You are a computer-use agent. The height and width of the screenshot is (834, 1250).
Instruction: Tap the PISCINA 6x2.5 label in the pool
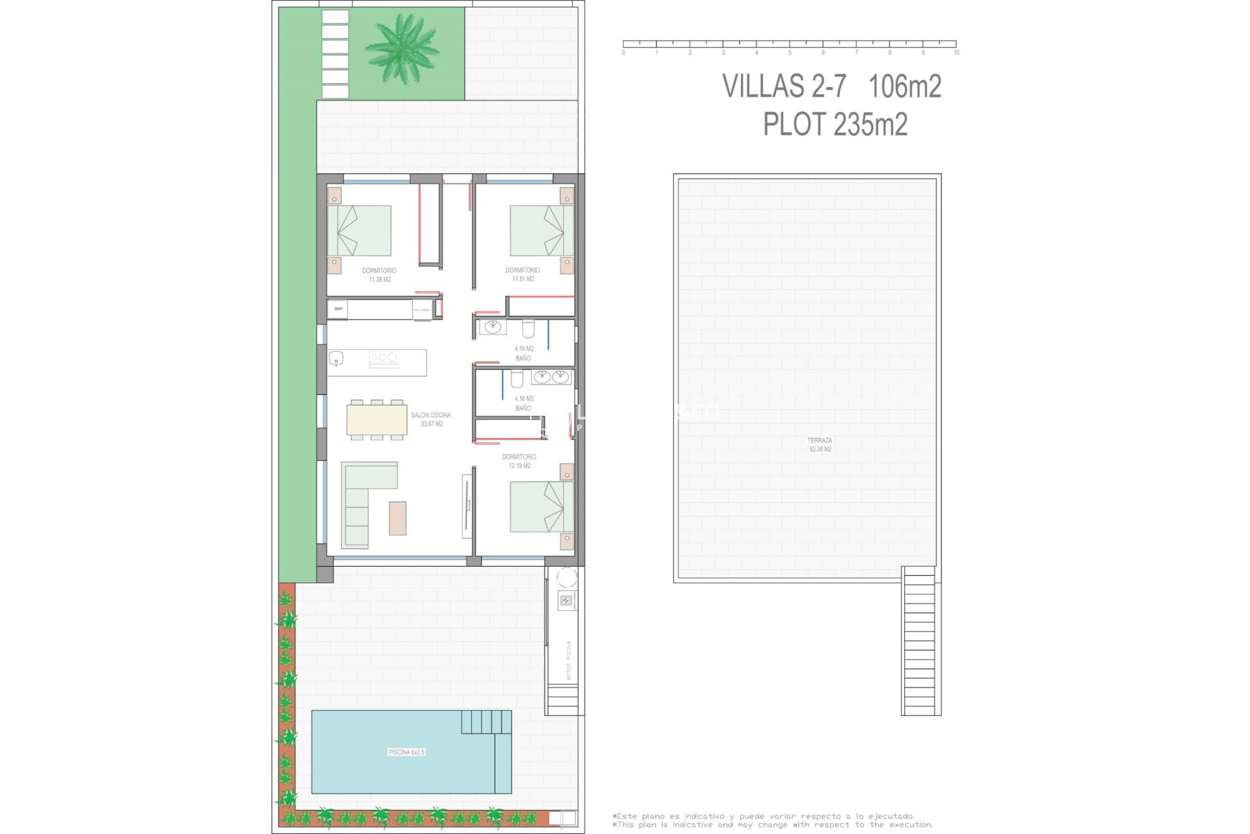(x=406, y=752)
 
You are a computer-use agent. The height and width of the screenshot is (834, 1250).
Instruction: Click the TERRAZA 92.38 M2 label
(x=820, y=444)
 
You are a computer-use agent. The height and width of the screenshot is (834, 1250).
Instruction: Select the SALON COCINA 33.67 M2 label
(x=431, y=419)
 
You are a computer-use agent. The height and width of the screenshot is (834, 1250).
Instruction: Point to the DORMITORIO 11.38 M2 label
(x=379, y=275)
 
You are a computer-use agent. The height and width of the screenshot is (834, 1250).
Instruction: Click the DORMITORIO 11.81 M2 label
(x=523, y=274)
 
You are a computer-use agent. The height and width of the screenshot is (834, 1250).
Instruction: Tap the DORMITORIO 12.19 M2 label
(x=519, y=461)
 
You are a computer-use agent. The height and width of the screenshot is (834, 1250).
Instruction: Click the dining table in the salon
(x=377, y=420)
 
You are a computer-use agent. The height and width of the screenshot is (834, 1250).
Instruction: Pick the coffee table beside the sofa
(x=398, y=518)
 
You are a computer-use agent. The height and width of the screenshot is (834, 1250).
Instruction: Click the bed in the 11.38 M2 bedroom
(x=359, y=231)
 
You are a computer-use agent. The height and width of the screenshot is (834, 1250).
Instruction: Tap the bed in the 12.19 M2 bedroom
(x=541, y=506)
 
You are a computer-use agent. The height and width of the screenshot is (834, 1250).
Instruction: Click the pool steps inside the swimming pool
(x=486, y=721)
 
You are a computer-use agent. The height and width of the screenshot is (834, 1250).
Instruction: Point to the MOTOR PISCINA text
(x=568, y=660)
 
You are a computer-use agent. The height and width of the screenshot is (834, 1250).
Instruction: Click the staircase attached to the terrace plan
(x=921, y=640)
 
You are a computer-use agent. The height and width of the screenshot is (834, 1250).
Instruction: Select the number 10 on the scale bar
(x=956, y=53)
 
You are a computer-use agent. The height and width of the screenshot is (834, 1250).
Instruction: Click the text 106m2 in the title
(x=905, y=86)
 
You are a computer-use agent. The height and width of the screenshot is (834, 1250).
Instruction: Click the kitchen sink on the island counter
(x=337, y=358)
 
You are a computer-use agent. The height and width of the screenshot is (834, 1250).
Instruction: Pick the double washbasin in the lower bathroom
(x=551, y=377)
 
